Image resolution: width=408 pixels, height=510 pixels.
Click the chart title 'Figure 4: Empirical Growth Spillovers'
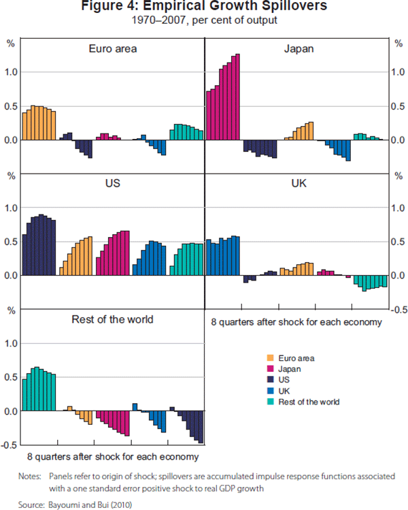[204, 7]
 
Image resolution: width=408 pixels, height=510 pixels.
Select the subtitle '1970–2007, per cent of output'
[204, 20]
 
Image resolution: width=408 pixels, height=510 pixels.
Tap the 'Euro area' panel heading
[113, 48]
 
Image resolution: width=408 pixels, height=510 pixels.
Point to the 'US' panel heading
[113, 184]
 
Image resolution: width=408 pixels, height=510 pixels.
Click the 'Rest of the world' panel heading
[113, 319]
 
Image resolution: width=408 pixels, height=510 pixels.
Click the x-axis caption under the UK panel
[296, 321]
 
